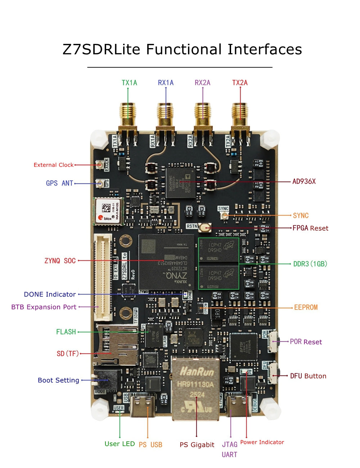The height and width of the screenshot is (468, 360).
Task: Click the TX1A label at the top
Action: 129,83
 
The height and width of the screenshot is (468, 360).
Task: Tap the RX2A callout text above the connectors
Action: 202,83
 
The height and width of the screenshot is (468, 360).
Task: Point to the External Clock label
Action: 54,165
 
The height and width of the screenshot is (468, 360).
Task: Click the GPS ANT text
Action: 59,183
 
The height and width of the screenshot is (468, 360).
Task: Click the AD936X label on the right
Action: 304,181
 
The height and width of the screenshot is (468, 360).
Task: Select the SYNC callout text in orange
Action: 301,215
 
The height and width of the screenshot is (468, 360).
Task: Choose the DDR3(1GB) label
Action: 310,264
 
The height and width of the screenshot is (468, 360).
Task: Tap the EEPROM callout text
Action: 306,307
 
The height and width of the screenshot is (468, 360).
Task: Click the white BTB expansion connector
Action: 103,277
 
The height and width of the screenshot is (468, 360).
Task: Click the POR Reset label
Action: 306,342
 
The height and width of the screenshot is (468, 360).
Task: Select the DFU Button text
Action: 308,376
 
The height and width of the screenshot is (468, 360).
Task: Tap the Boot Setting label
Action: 58,380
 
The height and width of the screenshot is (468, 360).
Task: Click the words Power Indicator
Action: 262,442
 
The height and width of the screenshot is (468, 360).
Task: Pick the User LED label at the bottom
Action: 120,444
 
